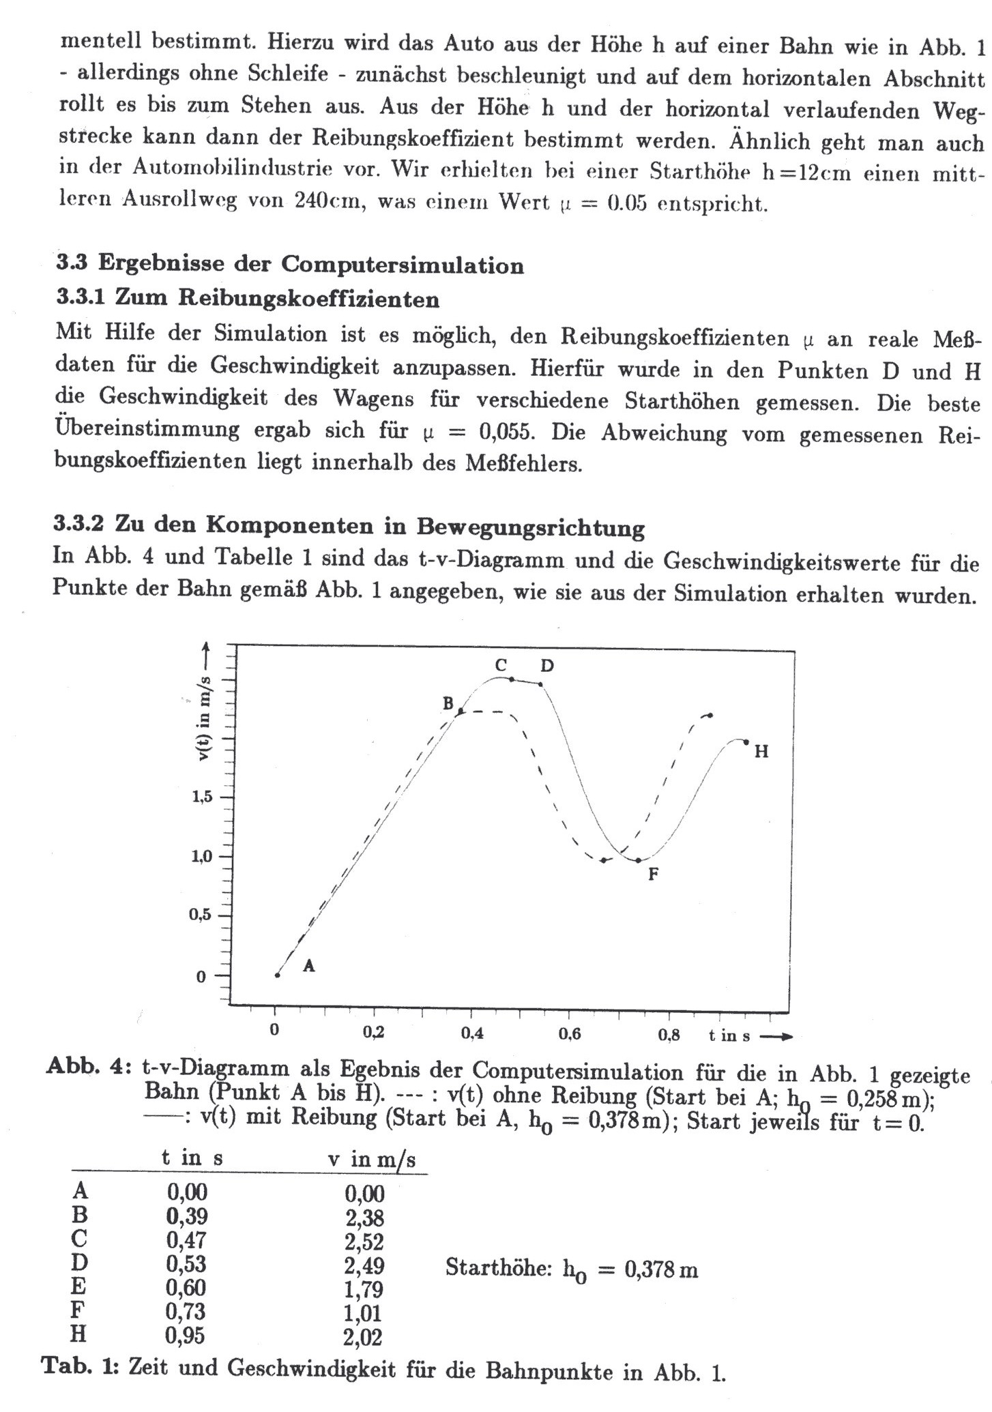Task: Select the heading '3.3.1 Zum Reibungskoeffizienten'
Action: point(247,299)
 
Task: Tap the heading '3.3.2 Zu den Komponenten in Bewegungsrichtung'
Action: point(349,527)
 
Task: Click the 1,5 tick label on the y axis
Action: point(202,797)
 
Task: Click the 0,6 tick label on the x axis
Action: point(570,1034)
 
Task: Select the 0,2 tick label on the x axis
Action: point(373,1033)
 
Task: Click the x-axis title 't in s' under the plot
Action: point(729,1036)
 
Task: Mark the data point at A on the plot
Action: point(277,975)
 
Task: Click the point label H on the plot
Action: point(761,752)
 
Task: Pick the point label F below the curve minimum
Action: point(653,874)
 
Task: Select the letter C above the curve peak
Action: point(501,665)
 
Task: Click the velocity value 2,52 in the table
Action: point(364,1241)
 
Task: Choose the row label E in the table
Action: point(79,1286)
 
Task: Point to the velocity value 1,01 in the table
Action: point(363,1313)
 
